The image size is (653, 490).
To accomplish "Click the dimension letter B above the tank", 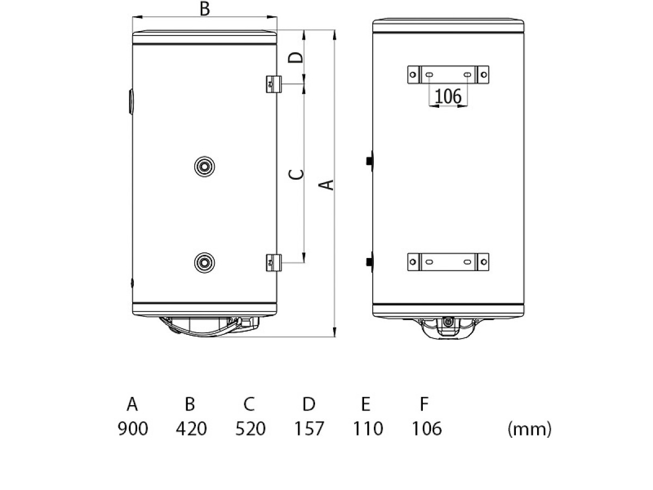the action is coord(205,9).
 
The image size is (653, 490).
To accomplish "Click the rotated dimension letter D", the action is coord(295,57).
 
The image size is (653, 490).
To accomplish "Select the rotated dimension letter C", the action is coord(296,174).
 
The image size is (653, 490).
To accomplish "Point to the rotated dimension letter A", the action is coord(326,185).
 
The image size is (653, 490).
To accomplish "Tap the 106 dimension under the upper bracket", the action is coord(448,96).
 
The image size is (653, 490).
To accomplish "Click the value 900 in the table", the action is coord(133,428).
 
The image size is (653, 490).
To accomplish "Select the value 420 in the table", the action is coord(192,428).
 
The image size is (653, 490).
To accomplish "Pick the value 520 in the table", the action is coord(250,428).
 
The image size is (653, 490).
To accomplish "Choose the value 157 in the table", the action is coord(309,428).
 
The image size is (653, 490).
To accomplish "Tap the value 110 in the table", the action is coord(368,428).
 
